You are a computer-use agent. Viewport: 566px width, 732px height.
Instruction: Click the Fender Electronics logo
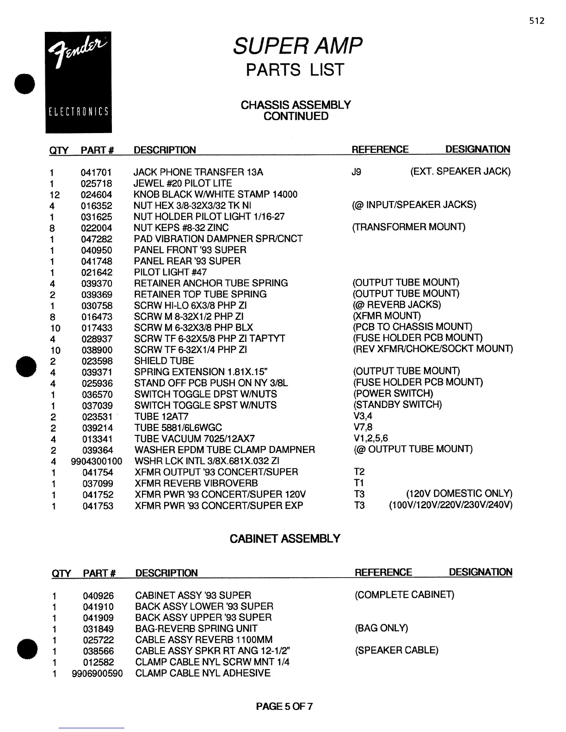click(78, 82)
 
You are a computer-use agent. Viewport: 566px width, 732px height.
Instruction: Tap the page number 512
click(537, 21)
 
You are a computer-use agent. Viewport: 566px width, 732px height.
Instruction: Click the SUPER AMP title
click(297, 46)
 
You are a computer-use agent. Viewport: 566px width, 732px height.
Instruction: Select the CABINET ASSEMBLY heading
click(285, 539)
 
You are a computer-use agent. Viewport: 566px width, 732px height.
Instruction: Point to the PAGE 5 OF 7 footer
click(284, 706)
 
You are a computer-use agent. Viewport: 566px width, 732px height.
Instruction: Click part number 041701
click(96, 172)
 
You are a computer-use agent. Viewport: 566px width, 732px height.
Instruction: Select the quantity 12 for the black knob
click(55, 195)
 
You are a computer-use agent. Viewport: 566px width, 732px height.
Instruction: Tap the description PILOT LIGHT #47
click(170, 272)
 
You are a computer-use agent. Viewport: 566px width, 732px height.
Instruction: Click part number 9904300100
click(97, 461)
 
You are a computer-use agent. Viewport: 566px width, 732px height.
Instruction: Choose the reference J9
click(356, 172)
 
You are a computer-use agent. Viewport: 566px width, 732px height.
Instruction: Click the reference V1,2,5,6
click(370, 438)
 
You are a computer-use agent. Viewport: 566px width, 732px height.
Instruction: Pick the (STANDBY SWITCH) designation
click(398, 405)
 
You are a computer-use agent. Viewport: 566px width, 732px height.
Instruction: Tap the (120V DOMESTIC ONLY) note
click(459, 494)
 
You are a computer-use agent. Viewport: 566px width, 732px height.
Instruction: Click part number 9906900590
click(97, 673)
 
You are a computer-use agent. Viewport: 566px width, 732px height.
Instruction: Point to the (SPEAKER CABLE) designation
click(396, 650)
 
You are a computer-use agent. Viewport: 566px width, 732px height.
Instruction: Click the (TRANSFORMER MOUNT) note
click(409, 227)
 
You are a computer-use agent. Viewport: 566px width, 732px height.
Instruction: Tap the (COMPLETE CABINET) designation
click(404, 595)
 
